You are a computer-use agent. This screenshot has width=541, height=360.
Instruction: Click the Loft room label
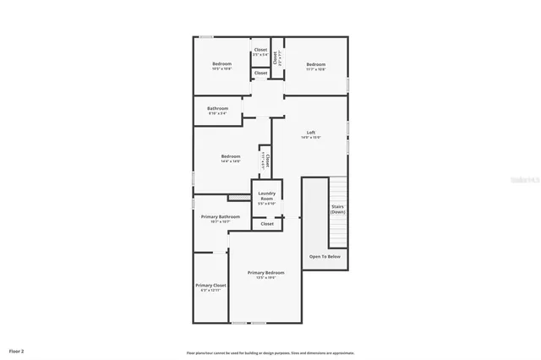click(311, 133)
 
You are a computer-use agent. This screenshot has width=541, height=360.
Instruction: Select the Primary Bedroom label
click(265, 272)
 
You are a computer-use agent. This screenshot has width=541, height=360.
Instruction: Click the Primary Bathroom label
click(221, 216)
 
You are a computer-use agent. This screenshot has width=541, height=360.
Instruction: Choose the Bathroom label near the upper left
click(218, 107)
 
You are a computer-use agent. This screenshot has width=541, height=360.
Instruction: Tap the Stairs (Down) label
click(338, 209)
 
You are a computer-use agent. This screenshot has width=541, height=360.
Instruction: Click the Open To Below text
click(325, 256)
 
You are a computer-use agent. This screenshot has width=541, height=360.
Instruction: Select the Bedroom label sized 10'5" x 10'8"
click(221, 64)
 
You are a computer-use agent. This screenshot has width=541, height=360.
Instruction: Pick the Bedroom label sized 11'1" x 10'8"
click(316, 64)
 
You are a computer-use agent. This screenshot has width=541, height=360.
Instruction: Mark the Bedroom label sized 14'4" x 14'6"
click(231, 155)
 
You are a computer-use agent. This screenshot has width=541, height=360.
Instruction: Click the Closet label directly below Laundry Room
click(266, 224)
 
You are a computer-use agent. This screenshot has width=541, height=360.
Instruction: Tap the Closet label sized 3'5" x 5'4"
click(260, 50)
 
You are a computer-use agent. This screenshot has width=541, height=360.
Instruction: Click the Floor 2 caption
click(17, 350)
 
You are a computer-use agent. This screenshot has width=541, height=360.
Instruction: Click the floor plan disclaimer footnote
click(270, 353)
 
